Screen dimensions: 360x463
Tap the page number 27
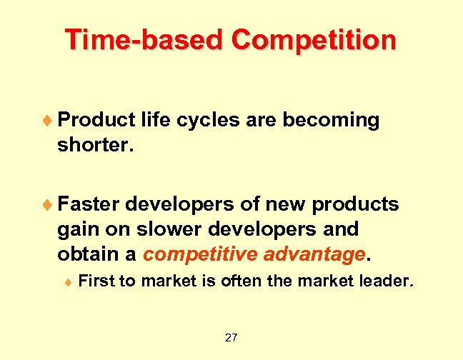pyautogui.click(x=231, y=337)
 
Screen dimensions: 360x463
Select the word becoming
pyautogui.click(x=331, y=120)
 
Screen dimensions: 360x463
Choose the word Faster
pyautogui.click(x=89, y=205)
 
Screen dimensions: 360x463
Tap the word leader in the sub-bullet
pyautogui.click(x=384, y=281)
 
